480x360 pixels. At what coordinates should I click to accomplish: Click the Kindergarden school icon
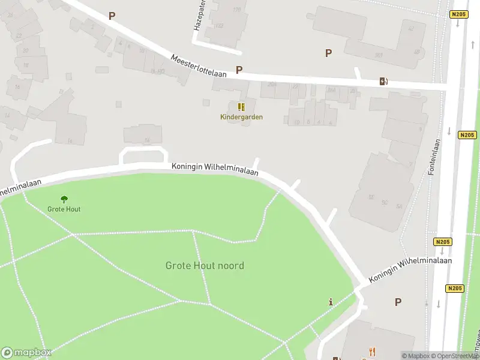click(x=241, y=107)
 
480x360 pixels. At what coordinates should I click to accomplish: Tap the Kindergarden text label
click(x=241, y=117)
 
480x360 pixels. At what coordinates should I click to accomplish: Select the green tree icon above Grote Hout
click(x=64, y=199)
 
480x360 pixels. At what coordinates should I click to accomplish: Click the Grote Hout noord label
click(x=205, y=265)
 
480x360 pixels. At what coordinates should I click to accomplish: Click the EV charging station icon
click(x=383, y=82)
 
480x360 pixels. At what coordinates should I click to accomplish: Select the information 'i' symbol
click(x=331, y=302)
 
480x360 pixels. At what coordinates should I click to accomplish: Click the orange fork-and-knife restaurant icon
click(x=372, y=352)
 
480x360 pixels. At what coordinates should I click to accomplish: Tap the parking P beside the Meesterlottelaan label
click(x=239, y=70)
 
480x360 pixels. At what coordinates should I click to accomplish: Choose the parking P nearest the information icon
click(x=397, y=302)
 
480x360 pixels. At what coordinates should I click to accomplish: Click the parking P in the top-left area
click(x=111, y=16)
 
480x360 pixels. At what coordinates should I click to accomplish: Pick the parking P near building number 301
click(x=328, y=53)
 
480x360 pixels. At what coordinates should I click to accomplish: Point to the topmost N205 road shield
click(x=458, y=14)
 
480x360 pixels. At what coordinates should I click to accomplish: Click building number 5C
click(x=385, y=202)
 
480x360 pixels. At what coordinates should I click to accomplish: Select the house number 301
click(x=379, y=55)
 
